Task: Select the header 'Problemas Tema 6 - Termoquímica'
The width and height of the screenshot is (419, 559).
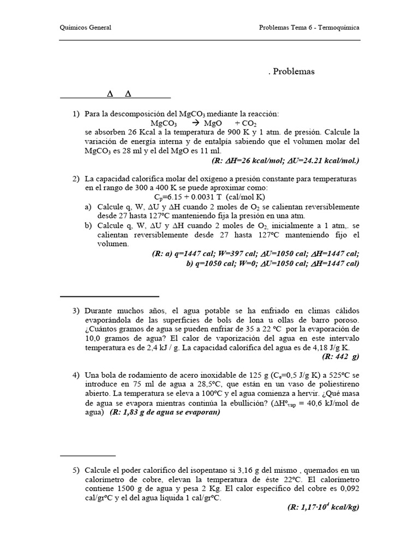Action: click(309, 27)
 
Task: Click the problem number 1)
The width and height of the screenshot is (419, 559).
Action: click(76, 114)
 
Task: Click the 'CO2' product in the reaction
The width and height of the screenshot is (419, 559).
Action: click(242, 123)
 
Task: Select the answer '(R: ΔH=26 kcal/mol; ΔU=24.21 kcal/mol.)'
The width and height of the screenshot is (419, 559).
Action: click(285, 160)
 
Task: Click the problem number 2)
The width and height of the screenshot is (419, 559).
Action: click(76, 179)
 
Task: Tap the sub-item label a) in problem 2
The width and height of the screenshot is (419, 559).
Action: click(88, 207)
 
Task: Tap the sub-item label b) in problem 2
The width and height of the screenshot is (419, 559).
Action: click(88, 225)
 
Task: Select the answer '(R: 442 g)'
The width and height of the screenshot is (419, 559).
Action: click(341, 356)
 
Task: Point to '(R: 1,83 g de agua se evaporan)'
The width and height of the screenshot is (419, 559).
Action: click(165, 412)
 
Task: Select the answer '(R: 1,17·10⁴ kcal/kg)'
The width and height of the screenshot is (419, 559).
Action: click(323, 507)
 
